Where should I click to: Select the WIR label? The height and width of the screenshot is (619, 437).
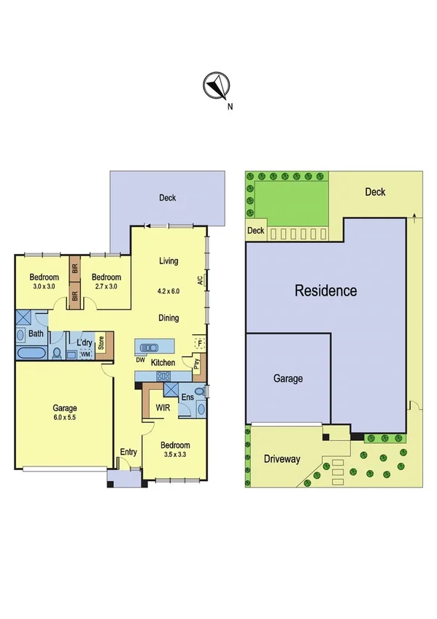coord(163,409)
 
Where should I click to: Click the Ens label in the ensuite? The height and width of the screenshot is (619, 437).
coord(187,397)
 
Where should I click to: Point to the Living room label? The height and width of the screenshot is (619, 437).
coord(169,261)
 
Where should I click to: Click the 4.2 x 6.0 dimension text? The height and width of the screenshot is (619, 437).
coord(169,291)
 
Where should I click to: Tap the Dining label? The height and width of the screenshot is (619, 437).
coord(169,318)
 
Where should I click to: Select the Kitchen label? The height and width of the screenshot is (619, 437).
coord(163,363)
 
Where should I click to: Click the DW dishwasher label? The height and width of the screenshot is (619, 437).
coord(139,359)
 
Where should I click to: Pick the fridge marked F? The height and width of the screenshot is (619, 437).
coord(197,342)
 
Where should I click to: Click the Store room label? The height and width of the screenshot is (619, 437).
coord(101,341)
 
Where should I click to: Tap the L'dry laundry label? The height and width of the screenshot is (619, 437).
coord(84,342)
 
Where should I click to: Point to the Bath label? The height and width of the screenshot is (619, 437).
coord(36,334)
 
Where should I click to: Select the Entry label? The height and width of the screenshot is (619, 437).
coord(128,452)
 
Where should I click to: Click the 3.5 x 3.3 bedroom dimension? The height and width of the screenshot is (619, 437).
coord(175,455)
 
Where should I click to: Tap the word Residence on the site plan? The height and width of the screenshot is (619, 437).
coord(325,291)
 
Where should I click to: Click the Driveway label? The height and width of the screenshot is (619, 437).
coord(282,459)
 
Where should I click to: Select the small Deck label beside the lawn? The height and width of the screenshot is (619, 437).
coord(255,231)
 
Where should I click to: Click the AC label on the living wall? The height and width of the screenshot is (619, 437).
coord(199,280)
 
